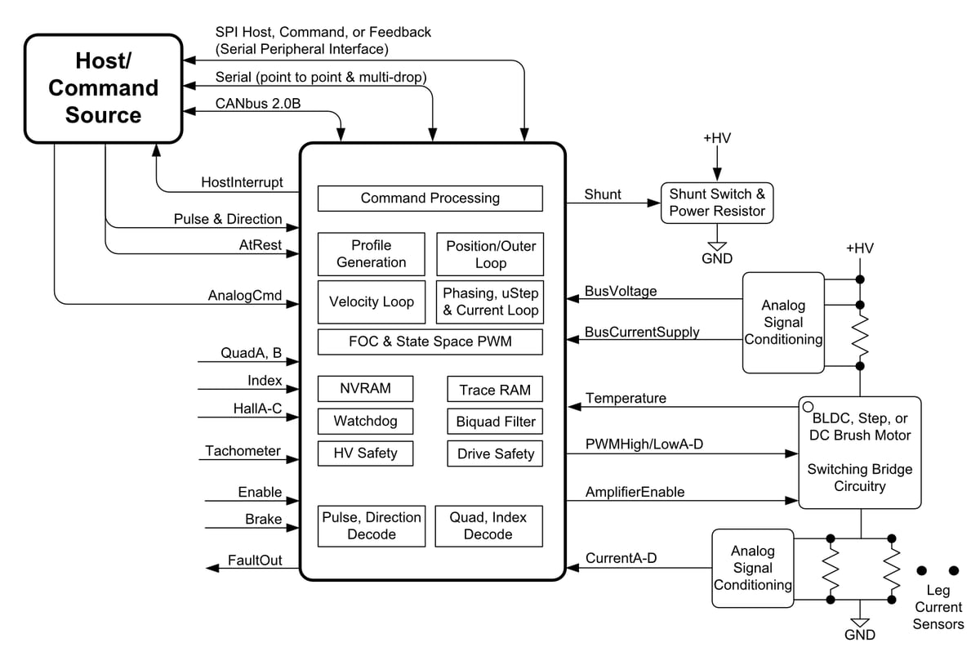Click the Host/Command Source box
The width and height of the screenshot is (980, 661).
point(103,87)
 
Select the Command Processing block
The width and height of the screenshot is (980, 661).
point(430,199)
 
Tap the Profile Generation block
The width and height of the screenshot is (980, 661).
point(372,254)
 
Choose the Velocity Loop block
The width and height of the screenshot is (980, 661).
point(372,301)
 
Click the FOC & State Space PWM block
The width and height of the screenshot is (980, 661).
point(430,342)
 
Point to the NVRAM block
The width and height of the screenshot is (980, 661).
point(365,389)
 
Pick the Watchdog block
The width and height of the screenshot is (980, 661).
point(365,422)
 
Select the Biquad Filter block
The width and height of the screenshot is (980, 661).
point(495,422)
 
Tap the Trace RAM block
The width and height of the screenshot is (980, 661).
point(495,390)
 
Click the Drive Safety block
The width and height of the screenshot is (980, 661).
point(495,453)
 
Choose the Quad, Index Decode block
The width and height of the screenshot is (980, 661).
point(488,526)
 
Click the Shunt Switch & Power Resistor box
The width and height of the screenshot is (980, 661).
point(716,203)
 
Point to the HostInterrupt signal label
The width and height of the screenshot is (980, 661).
point(242,183)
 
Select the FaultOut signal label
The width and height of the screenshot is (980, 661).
point(255,560)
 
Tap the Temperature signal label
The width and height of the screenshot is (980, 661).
point(626,398)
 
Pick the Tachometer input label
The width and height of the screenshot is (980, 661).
point(243,451)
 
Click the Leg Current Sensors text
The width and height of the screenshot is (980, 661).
point(938,607)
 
